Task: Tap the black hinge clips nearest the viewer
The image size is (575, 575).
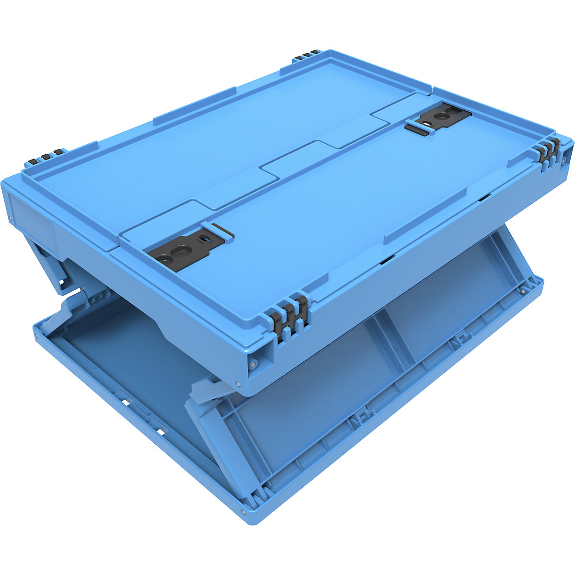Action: (x=290, y=313)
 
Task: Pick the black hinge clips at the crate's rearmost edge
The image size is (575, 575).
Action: (x=307, y=55)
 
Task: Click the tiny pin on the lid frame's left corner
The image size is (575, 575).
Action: (x=10, y=218)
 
